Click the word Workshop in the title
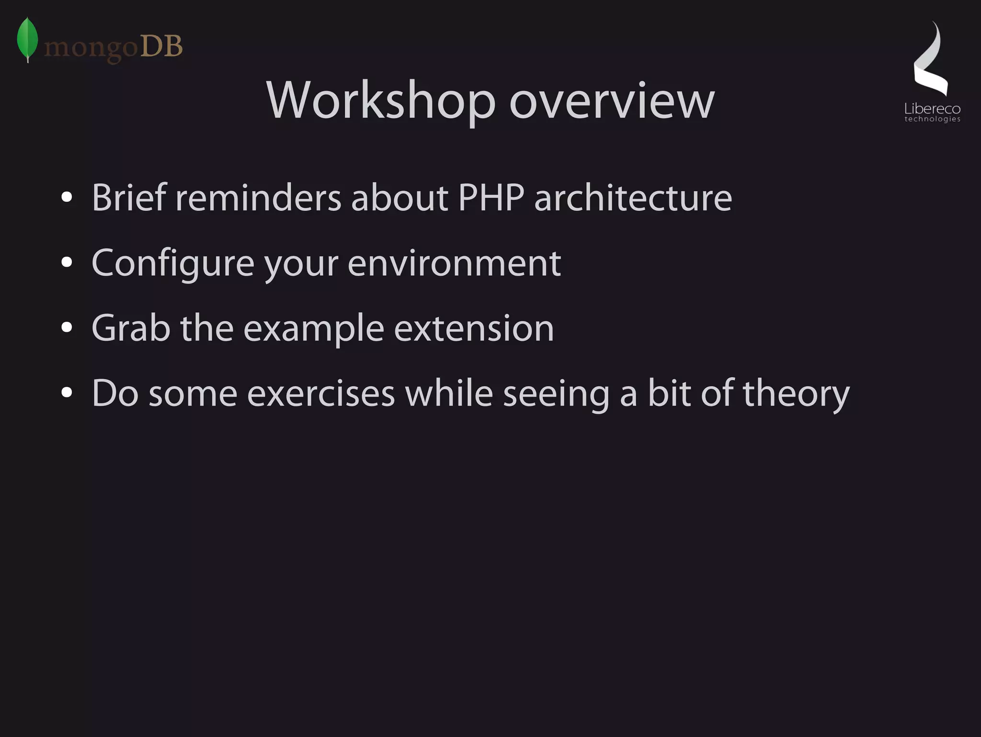(380, 101)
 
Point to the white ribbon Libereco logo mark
(931, 60)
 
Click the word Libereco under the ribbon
(932, 109)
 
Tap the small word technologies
(932, 119)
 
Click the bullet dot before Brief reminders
(67, 197)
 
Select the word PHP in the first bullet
(491, 197)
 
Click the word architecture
(633, 197)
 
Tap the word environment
(454, 263)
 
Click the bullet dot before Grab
(67, 328)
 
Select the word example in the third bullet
(314, 329)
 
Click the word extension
(474, 328)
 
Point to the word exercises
(321, 393)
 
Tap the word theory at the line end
(796, 393)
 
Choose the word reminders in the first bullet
(258, 197)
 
